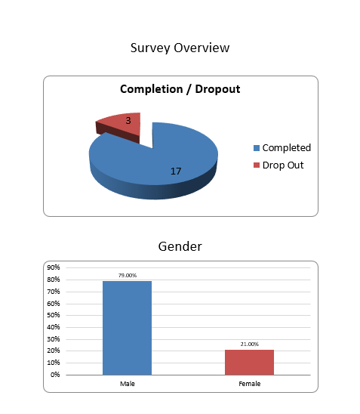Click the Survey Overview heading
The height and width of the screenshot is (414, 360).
coord(180,48)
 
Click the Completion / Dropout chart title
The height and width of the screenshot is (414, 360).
coord(180,89)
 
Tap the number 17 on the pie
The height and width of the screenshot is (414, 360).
coord(176,171)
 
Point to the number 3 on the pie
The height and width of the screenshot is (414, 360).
coord(128,120)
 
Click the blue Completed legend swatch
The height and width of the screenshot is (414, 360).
coord(257,148)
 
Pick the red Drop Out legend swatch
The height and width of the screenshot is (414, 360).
coord(257,165)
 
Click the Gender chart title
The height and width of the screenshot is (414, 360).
coord(180,246)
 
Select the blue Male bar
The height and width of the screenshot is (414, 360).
coord(127,328)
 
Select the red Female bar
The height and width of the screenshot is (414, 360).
coord(249,362)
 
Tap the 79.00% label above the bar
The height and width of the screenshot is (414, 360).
coord(127,276)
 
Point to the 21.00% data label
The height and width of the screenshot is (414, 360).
coord(249,344)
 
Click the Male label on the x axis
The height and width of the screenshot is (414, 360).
coord(127,384)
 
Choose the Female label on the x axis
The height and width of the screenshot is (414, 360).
coord(249,384)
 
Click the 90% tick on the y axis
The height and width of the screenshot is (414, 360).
coord(54,267)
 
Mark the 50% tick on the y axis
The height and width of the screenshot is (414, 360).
coord(54,315)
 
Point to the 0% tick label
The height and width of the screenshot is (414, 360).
coord(55,375)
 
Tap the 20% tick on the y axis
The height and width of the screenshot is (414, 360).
coord(54,351)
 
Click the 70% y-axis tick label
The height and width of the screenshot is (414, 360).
coord(54,292)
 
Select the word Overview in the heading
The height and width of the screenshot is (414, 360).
coord(202,48)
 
